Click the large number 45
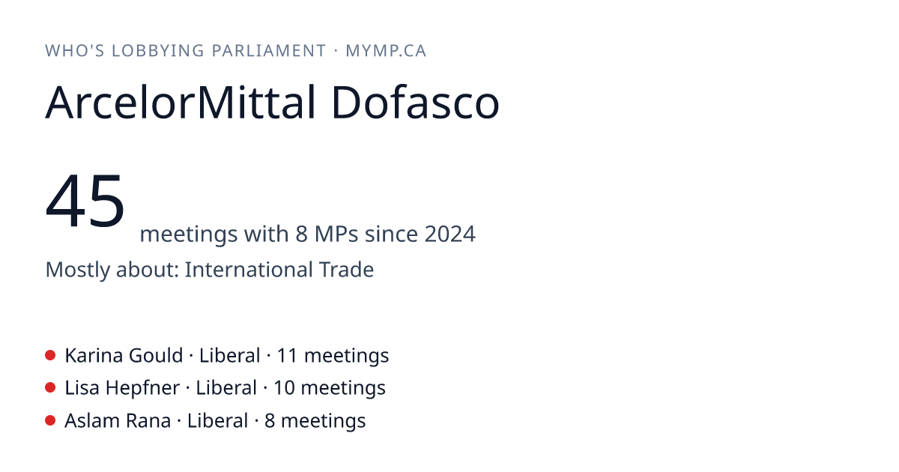pyautogui.click(x=85, y=200)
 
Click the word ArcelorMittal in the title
pyautogui.click(x=181, y=103)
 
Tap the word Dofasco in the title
pyautogui.click(x=415, y=103)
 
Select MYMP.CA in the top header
pyautogui.click(x=386, y=51)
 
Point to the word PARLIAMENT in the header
pyautogui.click(x=268, y=51)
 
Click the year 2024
pyautogui.click(x=450, y=234)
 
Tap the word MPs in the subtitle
pyautogui.click(x=336, y=234)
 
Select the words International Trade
pyautogui.click(x=279, y=269)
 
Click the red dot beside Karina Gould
pyautogui.click(x=50, y=355)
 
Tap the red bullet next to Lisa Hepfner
pyautogui.click(x=50, y=388)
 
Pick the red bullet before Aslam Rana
pyautogui.click(x=50, y=420)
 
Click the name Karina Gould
pyautogui.click(x=124, y=356)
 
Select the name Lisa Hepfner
pyautogui.click(x=122, y=388)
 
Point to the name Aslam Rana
pyautogui.click(x=118, y=421)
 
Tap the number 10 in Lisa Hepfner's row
pyautogui.click(x=283, y=388)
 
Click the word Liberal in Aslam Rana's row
pyautogui.click(x=217, y=421)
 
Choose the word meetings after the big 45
pyautogui.click(x=189, y=235)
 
